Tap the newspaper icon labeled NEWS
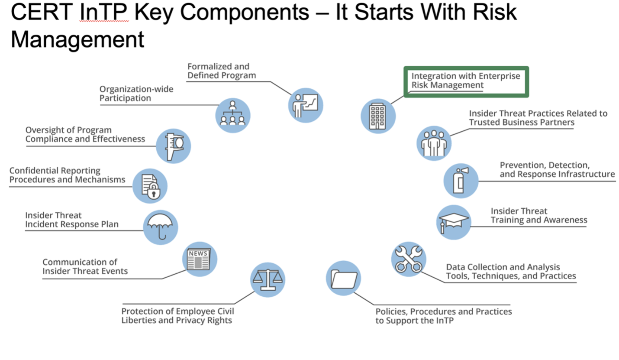[x=199, y=259]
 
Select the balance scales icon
[x=268, y=279]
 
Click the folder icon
[x=344, y=278]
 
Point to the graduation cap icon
[x=453, y=222]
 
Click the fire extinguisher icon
[x=461, y=180]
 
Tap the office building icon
[x=378, y=115]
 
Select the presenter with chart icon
[x=306, y=105]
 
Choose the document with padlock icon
[x=150, y=186]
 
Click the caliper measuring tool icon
[x=173, y=146]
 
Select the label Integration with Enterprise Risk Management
[x=466, y=81]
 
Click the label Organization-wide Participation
[x=136, y=94]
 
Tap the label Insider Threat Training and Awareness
[x=538, y=216]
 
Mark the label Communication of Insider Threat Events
[x=85, y=267]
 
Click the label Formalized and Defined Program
[x=221, y=71]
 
